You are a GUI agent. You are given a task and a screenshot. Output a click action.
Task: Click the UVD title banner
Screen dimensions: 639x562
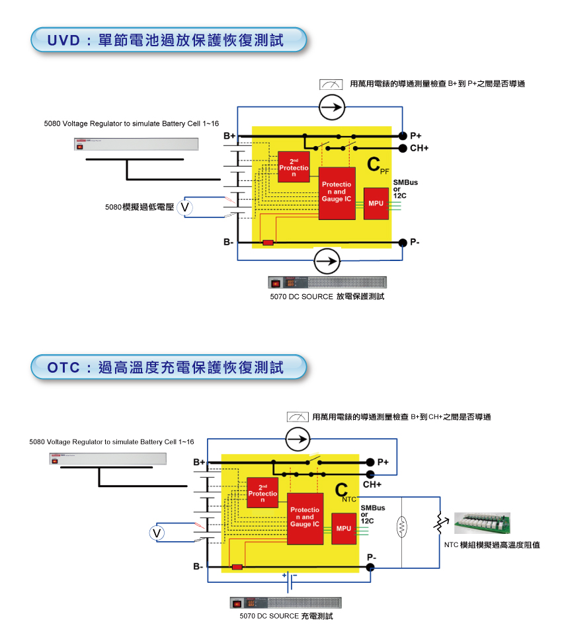169,40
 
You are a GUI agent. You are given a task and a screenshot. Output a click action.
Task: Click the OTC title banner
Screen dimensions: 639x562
169,367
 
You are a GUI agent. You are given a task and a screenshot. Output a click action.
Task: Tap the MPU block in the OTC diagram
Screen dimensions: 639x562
344,528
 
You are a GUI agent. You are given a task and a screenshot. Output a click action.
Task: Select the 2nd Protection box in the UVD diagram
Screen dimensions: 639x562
294,168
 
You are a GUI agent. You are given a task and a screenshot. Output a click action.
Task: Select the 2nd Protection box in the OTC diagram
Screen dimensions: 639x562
262,493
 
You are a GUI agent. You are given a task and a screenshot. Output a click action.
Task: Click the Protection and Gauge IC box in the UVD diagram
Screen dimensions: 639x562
337,194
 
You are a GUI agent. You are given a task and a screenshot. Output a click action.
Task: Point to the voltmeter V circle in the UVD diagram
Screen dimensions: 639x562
186,207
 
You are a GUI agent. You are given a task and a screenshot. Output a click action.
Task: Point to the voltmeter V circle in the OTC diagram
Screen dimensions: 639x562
157,533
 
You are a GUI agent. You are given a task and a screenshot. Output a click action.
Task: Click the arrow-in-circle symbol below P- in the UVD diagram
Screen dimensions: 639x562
326,261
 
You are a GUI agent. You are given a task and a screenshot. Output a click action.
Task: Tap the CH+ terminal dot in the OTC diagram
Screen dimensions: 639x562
370,474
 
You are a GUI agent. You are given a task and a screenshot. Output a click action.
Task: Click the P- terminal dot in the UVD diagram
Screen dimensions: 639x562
403,243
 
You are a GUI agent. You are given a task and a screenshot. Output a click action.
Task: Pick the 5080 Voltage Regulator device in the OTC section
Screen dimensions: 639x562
105,459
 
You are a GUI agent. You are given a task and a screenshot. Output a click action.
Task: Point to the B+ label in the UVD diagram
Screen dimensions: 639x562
229,135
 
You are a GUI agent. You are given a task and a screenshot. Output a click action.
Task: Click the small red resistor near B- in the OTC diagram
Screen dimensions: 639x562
237,567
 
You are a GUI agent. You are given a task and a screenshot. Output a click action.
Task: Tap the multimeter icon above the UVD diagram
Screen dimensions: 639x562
330,84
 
